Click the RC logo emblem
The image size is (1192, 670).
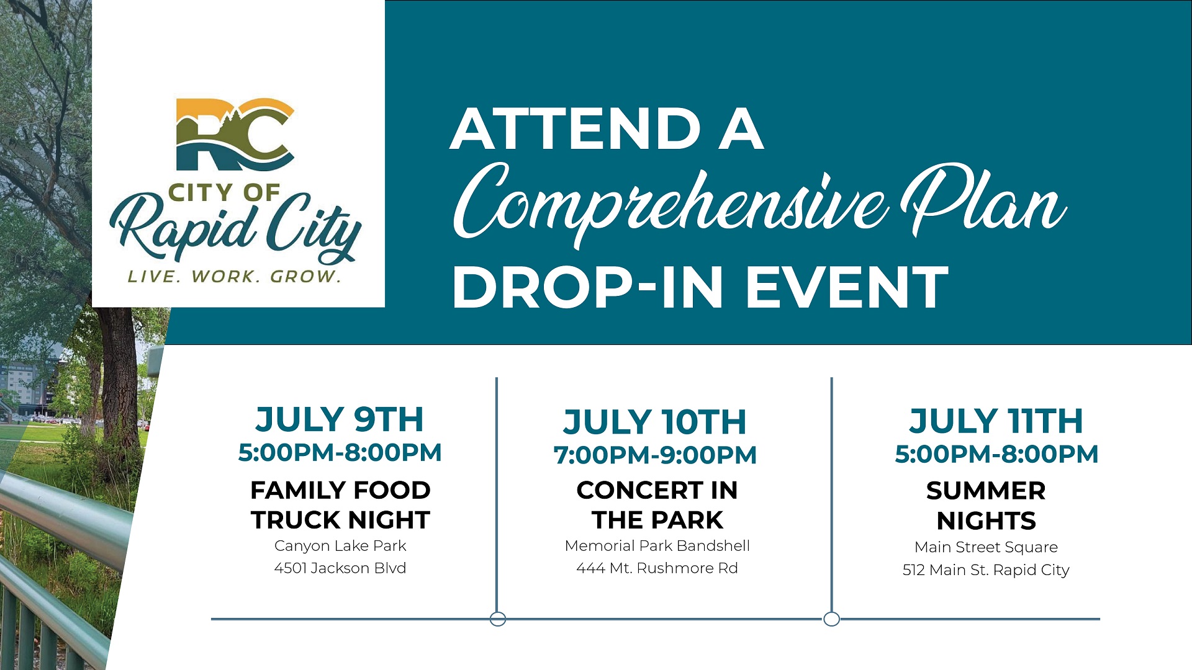[x=235, y=134]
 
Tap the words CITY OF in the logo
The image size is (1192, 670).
[x=224, y=193]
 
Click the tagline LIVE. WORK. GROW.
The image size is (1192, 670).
[x=235, y=277]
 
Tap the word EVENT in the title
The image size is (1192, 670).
[x=847, y=287]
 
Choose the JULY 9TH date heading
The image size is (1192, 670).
[x=340, y=419]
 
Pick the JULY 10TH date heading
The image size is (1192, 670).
[x=655, y=422]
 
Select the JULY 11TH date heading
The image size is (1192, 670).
[x=996, y=421]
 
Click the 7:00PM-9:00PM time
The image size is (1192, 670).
[x=655, y=455]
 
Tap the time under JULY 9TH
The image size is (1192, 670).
[x=340, y=453]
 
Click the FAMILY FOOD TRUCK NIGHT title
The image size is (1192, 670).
[x=340, y=505]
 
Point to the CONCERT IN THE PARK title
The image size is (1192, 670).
[x=657, y=505]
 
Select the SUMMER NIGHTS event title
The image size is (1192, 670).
[x=986, y=506]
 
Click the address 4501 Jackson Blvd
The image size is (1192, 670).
[x=340, y=568]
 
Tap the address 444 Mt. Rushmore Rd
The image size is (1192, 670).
[x=657, y=568]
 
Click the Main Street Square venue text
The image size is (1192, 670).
[x=986, y=547]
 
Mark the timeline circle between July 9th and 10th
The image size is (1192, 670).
[x=497, y=619]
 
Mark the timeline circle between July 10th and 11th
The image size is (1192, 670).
[x=831, y=619]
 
